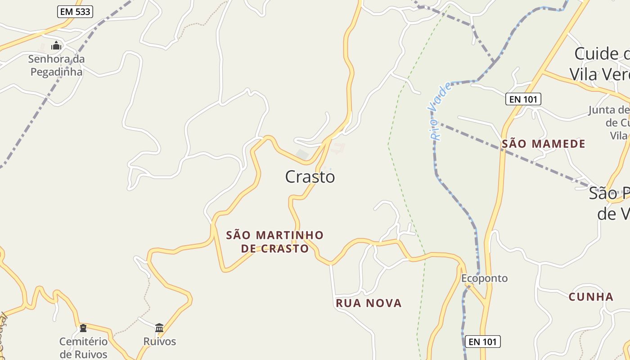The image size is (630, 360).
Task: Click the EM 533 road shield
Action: [x=75, y=12]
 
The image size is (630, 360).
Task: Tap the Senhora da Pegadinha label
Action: [x=56, y=65]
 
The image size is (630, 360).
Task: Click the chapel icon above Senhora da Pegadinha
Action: [x=56, y=45]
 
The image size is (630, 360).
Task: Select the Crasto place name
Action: [x=310, y=177]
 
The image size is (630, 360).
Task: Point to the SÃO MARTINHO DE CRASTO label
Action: [x=275, y=242]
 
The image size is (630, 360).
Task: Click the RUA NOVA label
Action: [x=369, y=303]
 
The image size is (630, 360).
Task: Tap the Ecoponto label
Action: [x=484, y=278]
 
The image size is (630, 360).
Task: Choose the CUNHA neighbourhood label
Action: [x=591, y=297]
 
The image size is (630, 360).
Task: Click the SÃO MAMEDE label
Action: [x=544, y=144]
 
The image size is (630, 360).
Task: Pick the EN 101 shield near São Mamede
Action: [x=523, y=99]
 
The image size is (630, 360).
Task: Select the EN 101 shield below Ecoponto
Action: [x=482, y=342]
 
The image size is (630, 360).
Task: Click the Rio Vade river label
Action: [x=440, y=111]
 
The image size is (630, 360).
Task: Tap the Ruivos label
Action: [x=160, y=341]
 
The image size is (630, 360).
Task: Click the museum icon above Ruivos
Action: [x=159, y=327]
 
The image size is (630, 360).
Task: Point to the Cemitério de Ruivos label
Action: [x=84, y=348]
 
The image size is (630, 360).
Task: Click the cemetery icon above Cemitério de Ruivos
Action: [x=83, y=327]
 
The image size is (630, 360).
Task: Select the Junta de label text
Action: [x=608, y=110]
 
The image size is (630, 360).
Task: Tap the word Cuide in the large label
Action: [x=596, y=54]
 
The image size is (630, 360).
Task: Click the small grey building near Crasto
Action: [x=302, y=155]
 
